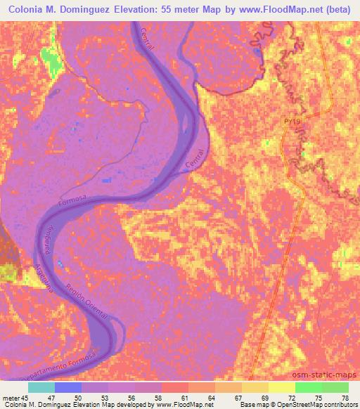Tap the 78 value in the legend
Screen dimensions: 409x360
click(x=344, y=397)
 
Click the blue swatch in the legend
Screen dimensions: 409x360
click(x=67, y=387)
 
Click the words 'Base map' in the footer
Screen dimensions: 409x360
click(x=251, y=405)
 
